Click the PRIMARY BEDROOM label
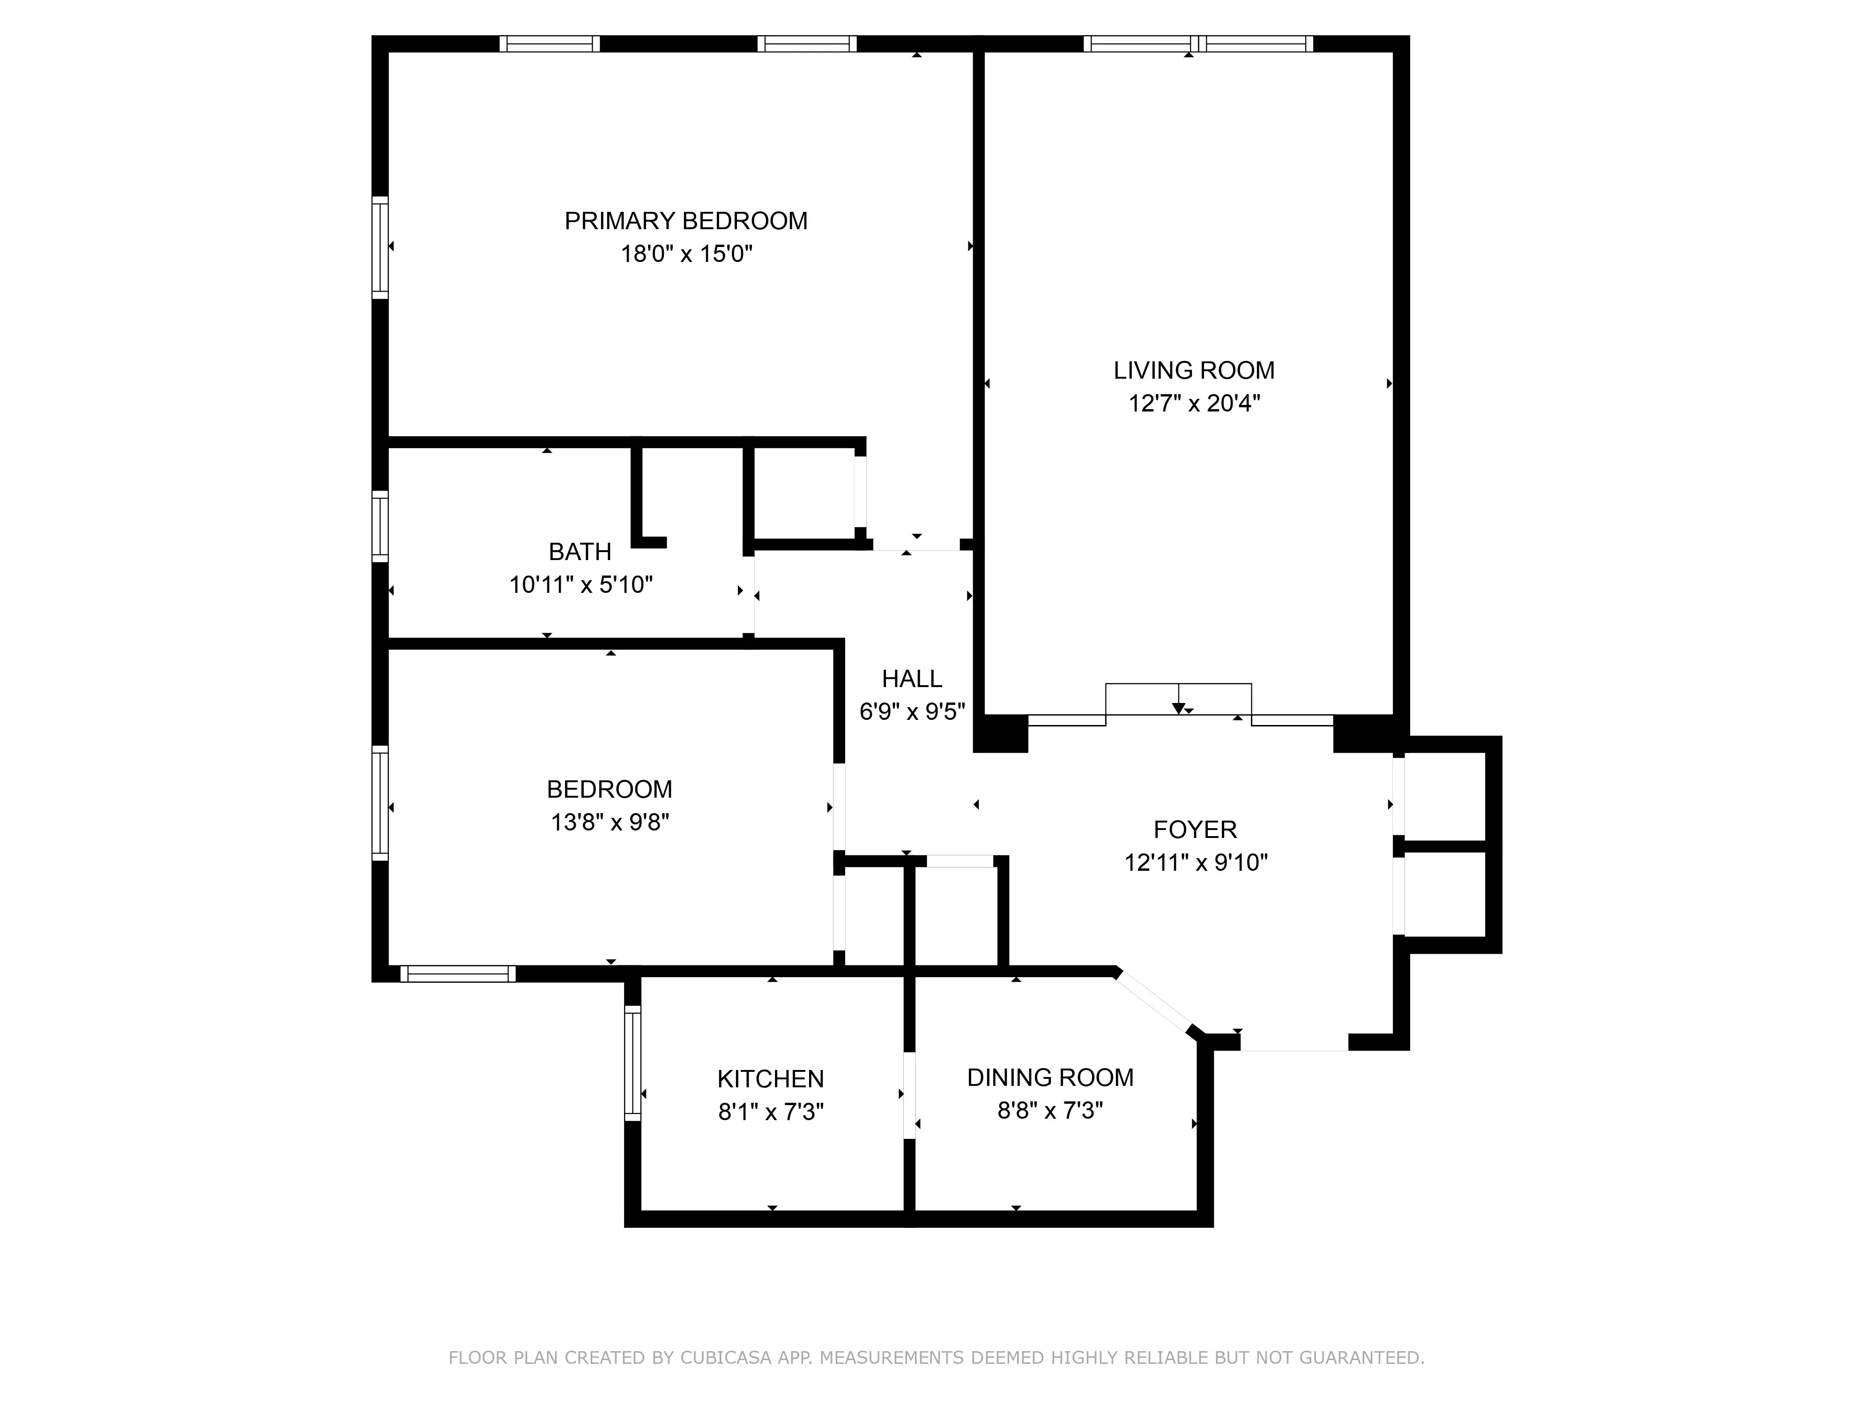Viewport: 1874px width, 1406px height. [685, 221]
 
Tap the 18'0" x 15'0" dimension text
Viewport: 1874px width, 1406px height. [685, 254]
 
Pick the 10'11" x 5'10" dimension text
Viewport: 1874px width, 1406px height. [580, 585]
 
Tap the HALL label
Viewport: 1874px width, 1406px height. [912, 679]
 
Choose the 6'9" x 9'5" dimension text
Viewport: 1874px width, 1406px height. [912, 712]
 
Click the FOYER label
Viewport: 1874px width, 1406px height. [1195, 830]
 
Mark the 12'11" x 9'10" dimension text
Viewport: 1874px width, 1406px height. [1195, 863]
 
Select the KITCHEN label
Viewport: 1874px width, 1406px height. [770, 1079]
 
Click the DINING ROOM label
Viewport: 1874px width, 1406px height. [1050, 1077]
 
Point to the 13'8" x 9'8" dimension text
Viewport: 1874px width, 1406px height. [609, 822]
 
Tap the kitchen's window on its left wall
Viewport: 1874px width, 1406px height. [632, 1063]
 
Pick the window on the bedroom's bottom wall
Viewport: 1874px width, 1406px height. [457, 974]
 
